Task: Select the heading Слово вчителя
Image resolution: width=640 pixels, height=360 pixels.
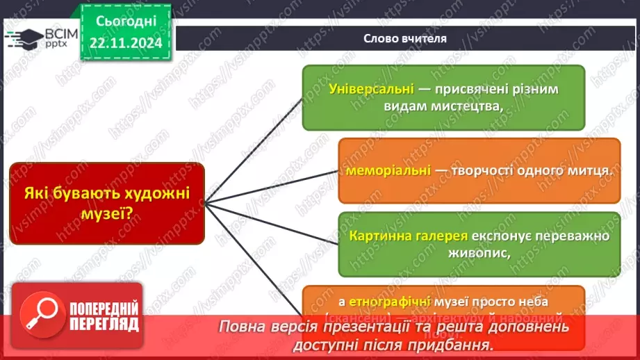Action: tap(406, 39)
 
